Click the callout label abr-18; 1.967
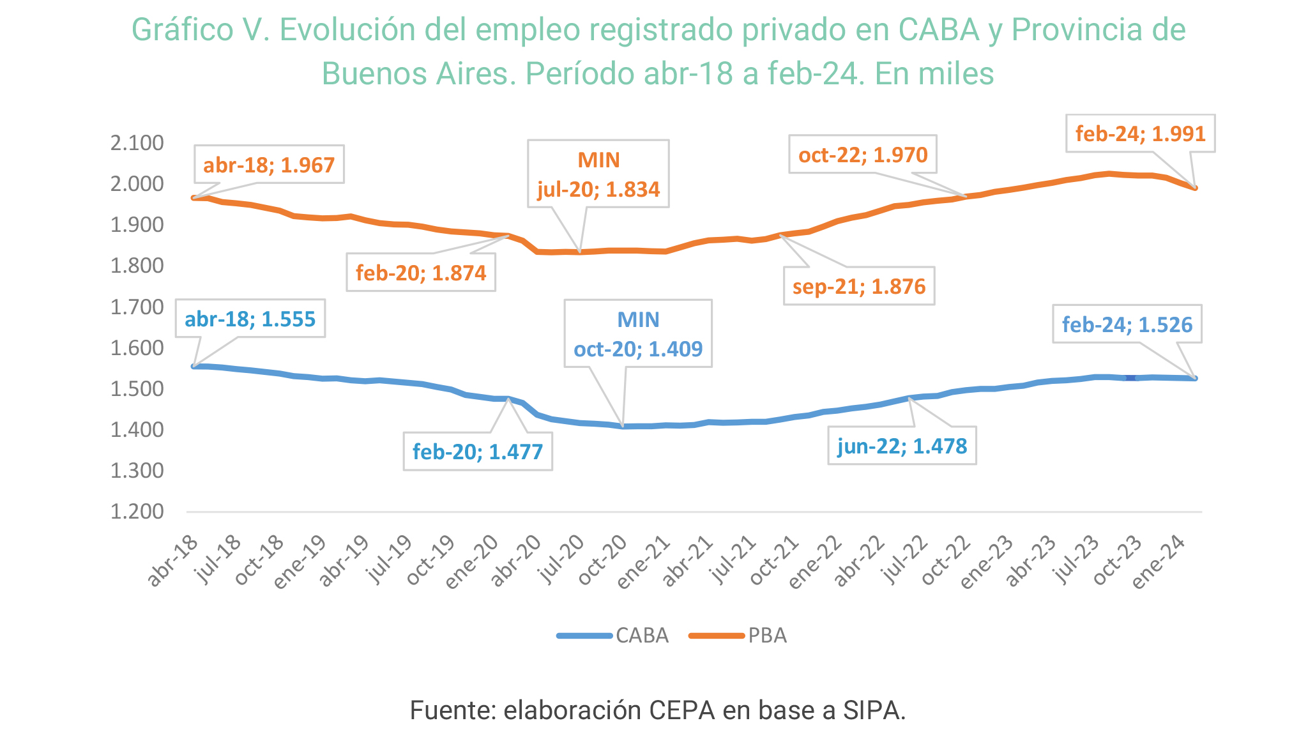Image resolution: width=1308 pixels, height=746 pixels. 269,165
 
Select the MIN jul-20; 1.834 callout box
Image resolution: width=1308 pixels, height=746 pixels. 598,174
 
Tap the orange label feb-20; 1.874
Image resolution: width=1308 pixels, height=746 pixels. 421,273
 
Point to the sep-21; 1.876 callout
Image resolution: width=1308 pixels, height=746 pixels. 859,286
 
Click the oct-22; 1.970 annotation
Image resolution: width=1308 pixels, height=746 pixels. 863,155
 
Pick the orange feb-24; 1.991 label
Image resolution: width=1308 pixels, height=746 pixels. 1140,133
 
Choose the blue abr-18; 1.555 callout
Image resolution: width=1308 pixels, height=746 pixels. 250,319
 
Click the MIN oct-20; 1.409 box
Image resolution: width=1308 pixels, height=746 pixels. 638,334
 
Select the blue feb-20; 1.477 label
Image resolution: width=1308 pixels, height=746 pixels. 478,452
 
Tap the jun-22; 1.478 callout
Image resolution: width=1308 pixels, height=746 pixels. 902,446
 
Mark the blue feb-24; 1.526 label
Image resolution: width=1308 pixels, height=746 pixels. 1127,324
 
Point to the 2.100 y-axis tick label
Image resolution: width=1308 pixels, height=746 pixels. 137,143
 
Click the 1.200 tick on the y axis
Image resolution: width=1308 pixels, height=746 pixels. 137,512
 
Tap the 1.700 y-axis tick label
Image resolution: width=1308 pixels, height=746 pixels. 137,307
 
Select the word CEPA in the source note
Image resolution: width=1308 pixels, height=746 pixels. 682,710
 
